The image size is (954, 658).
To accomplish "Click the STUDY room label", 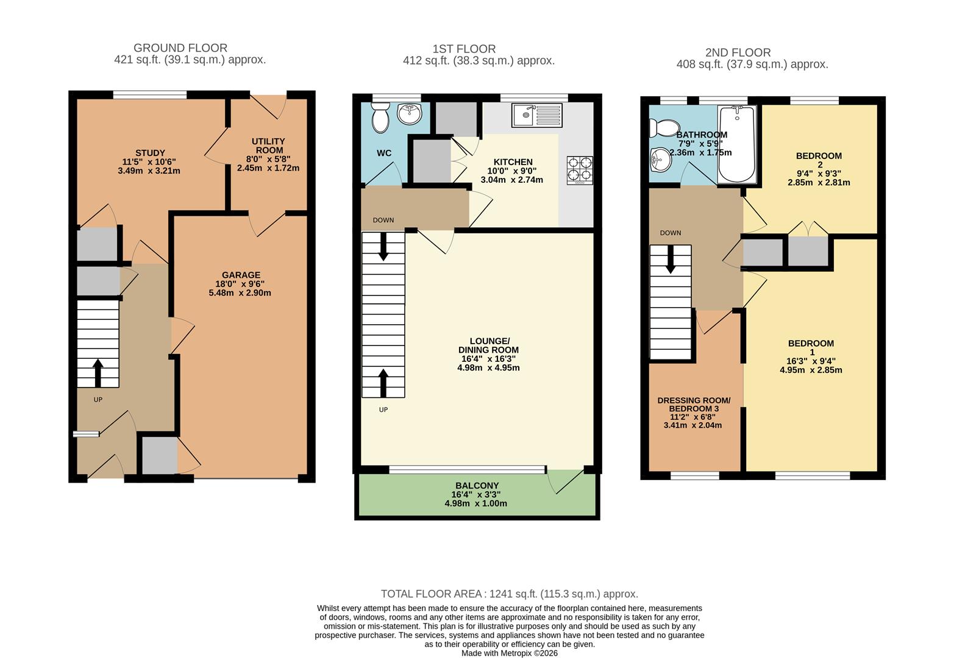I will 150,153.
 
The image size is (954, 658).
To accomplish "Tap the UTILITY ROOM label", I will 269,146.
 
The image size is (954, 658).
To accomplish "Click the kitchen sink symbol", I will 536,115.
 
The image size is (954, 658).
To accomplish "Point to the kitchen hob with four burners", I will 579,170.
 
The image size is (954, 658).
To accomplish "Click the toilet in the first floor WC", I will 380,117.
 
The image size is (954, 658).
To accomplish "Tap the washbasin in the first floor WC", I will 410,113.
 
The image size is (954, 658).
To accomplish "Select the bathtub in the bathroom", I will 737,144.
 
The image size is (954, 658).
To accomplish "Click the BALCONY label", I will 475,486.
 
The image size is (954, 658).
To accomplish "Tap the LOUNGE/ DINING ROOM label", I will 488,345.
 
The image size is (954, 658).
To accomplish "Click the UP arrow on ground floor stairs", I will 98,372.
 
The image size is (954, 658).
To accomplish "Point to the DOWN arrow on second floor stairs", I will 671,260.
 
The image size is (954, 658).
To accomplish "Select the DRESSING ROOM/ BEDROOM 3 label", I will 693,405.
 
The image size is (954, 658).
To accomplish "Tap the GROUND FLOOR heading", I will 180,48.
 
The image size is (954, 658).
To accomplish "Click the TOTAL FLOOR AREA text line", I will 509,593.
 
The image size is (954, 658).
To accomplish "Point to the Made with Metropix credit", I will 509,653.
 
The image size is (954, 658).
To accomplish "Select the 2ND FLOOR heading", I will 738,52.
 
